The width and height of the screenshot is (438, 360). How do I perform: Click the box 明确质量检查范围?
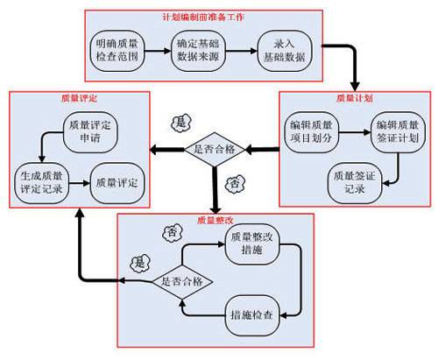118,49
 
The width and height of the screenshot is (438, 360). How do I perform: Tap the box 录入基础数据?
285,49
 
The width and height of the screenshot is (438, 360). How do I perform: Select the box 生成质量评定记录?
41,182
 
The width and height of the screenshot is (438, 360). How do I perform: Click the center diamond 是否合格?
215,150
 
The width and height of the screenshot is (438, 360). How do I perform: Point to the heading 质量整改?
213,219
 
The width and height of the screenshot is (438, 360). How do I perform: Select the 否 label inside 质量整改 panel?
173,233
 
